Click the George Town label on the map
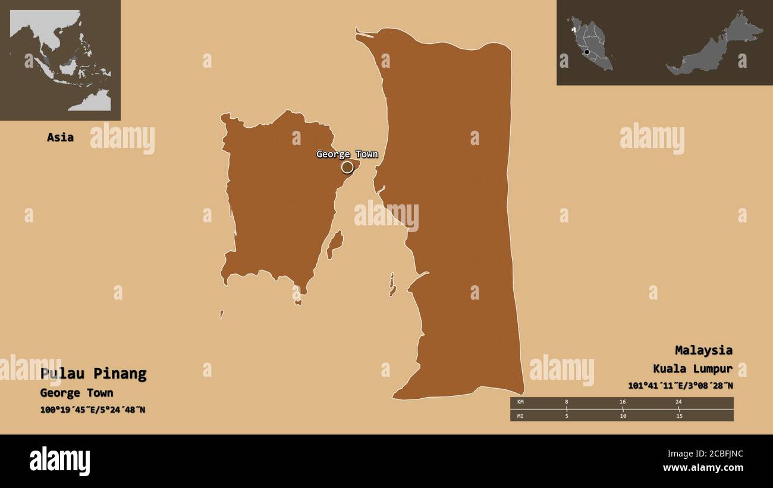tap(347, 155)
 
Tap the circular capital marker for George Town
tap(347, 168)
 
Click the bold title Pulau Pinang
tap(93, 374)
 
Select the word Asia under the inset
tap(60, 137)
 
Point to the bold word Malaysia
tap(703, 350)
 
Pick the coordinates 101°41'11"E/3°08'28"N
tap(680, 386)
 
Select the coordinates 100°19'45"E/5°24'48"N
tap(93, 410)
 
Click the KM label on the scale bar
tap(520, 402)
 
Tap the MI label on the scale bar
tap(520, 415)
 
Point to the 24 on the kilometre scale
tap(678, 402)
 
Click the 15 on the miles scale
tap(678, 415)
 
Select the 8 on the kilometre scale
tap(566, 402)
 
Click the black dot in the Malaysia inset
tap(587, 52)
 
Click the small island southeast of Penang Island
tap(335, 244)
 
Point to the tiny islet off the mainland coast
tap(392, 285)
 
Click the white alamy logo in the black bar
tap(59, 461)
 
